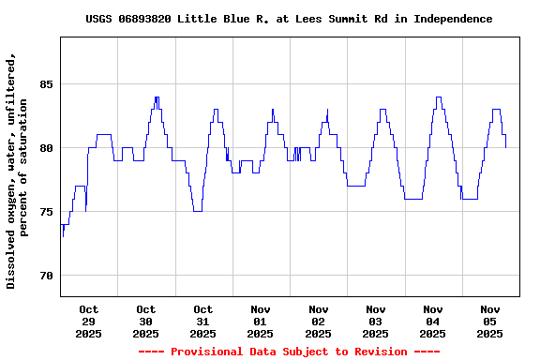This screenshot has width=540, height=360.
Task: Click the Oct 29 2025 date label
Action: pos(88,321)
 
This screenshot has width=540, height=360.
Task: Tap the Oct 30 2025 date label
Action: pos(145,321)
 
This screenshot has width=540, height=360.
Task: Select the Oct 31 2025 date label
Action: pos(202,321)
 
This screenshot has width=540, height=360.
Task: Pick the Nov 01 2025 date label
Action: pos(261,321)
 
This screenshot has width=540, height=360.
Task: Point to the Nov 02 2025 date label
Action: pos(318,321)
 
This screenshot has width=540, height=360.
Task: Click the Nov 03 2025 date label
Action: pos(375,321)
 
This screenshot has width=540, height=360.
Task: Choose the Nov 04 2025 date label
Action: pos(432,321)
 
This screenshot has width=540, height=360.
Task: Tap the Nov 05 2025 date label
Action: pos(489,321)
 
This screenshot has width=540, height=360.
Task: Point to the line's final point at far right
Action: pos(506,147)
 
